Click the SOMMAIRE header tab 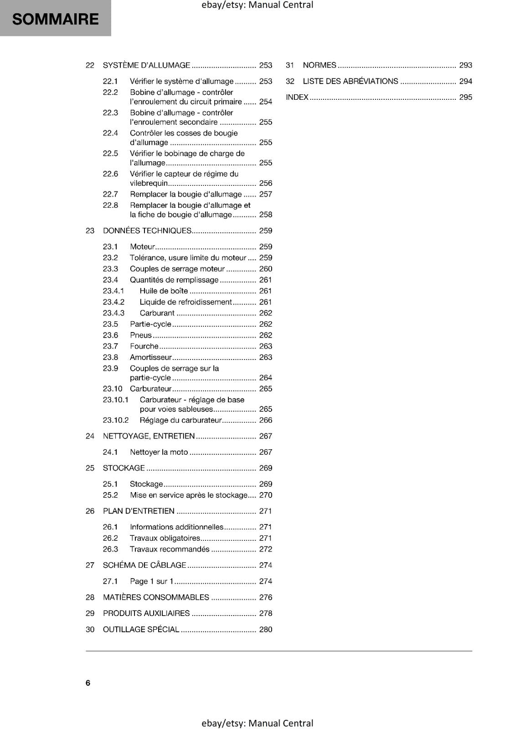tap(55, 19)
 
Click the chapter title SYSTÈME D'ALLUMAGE tap(146, 65)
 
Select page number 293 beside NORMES tap(465, 65)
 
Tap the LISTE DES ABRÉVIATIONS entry tap(350, 81)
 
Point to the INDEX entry tap(297, 97)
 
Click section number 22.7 tap(110, 194)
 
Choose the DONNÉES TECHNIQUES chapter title tap(147, 231)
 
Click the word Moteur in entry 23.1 tap(142, 246)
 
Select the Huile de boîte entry tap(164, 291)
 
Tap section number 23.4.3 tap(113, 313)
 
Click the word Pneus tap(140, 335)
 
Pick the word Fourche tap(144, 346)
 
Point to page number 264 tap(265, 378)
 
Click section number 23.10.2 tap(116, 420)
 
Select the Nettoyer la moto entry tap(159, 452)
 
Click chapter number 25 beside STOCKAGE tap(90, 468)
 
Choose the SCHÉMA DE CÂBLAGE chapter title tap(144, 565)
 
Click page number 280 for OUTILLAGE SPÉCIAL tap(265, 629)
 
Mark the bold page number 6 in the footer tap(88, 683)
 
